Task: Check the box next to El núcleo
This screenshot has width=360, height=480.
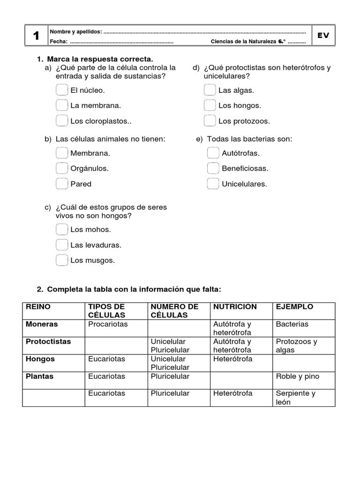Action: (x=61, y=90)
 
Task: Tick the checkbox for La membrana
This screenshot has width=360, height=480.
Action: (x=61, y=105)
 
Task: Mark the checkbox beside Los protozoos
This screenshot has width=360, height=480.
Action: (x=210, y=121)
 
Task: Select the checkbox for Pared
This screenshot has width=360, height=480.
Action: (x=61, y=184)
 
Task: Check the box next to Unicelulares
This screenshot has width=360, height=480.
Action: (x=213, y=184)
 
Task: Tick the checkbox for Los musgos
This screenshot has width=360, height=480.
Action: (x=61, y=260)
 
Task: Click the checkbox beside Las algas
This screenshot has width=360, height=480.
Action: (x=210, y=90)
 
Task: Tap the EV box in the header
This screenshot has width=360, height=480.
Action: (x=323, y=36)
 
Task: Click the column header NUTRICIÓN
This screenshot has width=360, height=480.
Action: (x=235, y=307)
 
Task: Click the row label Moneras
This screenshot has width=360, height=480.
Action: (x=42, y=324)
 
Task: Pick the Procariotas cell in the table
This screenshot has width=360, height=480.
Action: (x=107, y=324)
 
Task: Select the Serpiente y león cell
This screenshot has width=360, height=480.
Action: (x=295, y=397)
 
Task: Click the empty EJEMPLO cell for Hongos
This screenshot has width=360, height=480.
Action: (x=304, y=363)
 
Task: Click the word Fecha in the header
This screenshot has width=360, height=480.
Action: (x=59, y=42)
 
